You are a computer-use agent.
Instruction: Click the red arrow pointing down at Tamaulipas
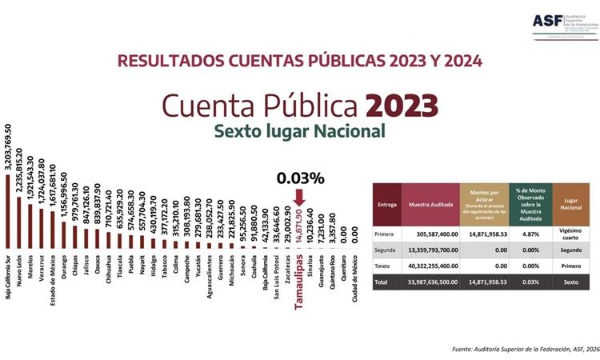(x=300, y=196)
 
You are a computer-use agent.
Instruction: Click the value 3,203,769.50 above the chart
(x=9, y=148)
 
